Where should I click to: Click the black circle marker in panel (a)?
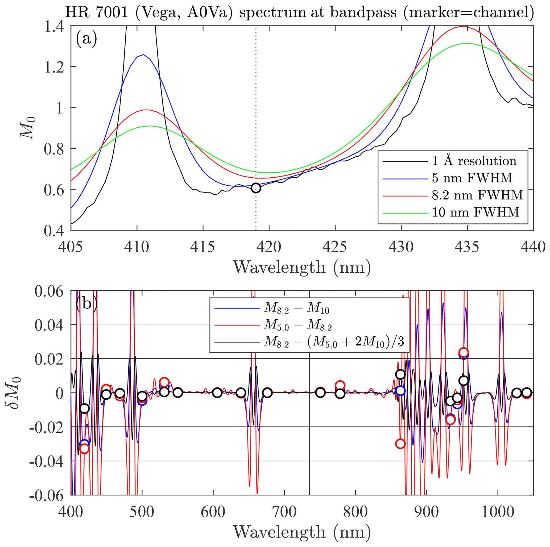point(256,188)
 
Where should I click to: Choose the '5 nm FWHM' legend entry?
point(472,178)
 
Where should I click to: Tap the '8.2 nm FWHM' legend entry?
point(477,195)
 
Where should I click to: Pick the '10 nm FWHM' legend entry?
point(475,212)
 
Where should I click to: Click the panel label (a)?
point(86,38)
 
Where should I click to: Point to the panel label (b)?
point(86,304)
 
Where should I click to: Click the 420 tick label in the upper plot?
point(269,247)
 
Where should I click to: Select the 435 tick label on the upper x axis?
point(467,247)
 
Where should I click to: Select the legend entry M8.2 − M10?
point(296,309)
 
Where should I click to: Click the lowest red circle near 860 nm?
point(400,444)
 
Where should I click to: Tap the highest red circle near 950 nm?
point(464,353)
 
